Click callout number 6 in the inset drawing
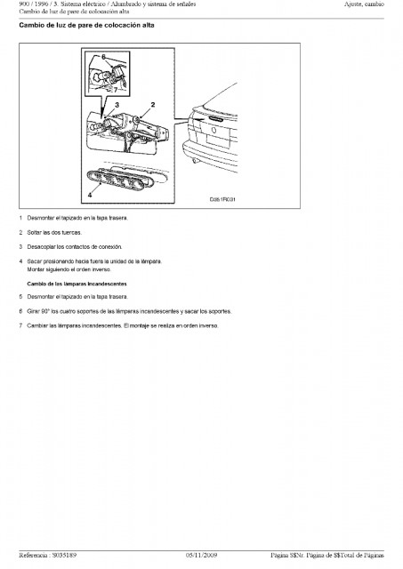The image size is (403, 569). point(103,57)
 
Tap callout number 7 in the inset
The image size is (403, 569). point(116,90)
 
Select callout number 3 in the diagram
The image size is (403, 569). point(117,105)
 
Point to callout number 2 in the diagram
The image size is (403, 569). point(153,105)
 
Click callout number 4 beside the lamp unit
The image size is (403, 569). point(90,195)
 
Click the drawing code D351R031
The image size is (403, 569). point(222,199)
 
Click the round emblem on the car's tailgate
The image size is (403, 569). point(214,131)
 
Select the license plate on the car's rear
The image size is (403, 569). point(218,140)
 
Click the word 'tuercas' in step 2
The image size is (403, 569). point(72,233)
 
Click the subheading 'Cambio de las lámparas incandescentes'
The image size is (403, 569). point(77,284)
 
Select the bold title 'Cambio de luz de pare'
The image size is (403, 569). point(55,26)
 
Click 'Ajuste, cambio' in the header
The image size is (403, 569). point(364,4)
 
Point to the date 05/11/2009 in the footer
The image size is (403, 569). point(201,555)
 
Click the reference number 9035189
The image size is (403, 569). point(64,555)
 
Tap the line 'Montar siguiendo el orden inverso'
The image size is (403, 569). point(69,269)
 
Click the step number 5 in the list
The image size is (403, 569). point(20,297)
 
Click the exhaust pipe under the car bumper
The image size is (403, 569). point(196,160)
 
